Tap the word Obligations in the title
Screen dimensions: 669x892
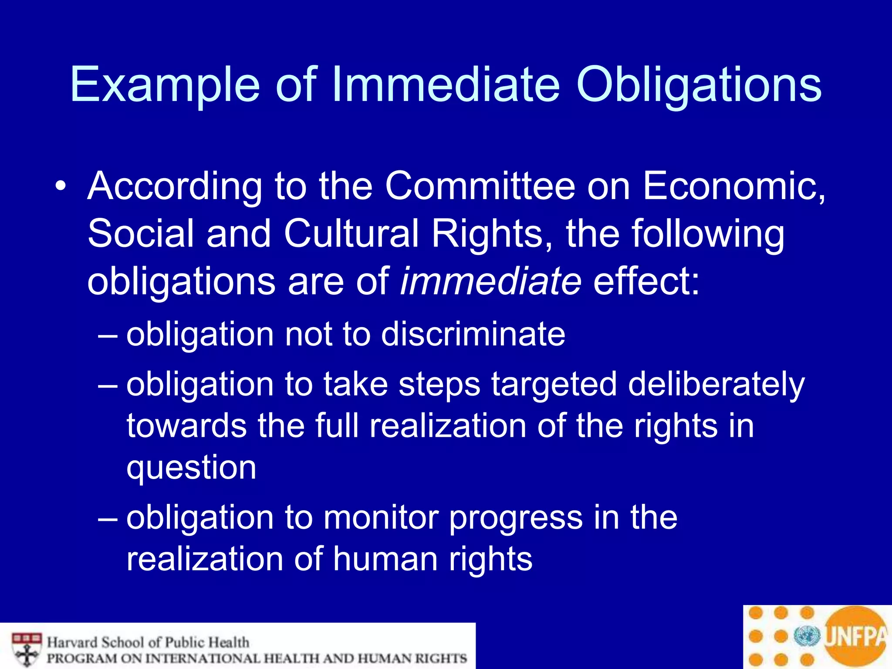tap(699, 84)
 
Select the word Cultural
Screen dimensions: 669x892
tap(351, 233)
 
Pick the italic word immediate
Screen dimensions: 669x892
tap(490, 281)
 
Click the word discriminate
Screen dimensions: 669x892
tap(473, 334)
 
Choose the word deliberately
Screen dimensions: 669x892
tap(716, 384)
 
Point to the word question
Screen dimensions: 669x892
tap(191, 469)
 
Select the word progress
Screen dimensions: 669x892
tap(516, 518)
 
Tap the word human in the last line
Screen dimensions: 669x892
tap(385, 559)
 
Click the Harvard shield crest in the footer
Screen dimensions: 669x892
tap(27, 649)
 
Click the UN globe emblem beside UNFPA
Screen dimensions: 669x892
tap(807, 636)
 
